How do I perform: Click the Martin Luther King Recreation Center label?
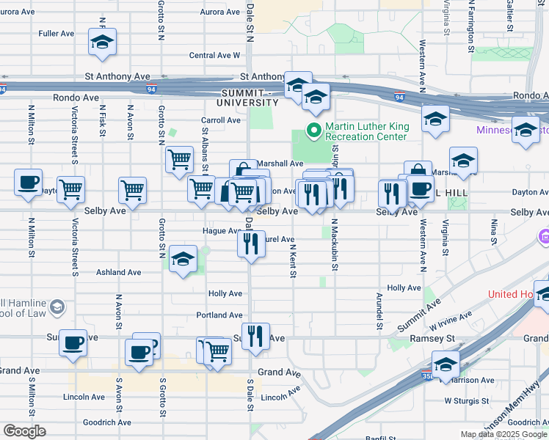pos(366,131)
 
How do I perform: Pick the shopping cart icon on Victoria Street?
pos(71,190)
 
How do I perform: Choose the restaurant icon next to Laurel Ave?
pos(251,243)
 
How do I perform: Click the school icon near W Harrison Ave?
pos(446,364)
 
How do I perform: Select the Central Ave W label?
pos(214,55)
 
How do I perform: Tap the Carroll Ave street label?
pos(222,120)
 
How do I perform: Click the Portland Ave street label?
pos(219,315)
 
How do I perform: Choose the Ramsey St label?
pos(437,340)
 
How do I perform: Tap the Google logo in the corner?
pos(24,430)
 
